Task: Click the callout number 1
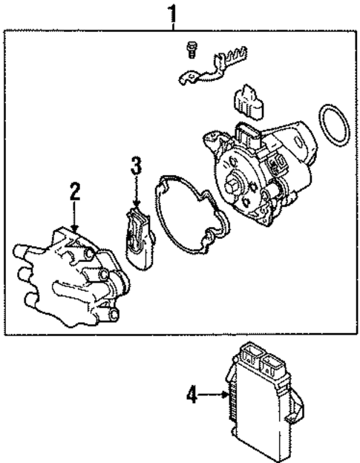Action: pos(173,13)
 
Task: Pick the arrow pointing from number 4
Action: pos(215,397)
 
